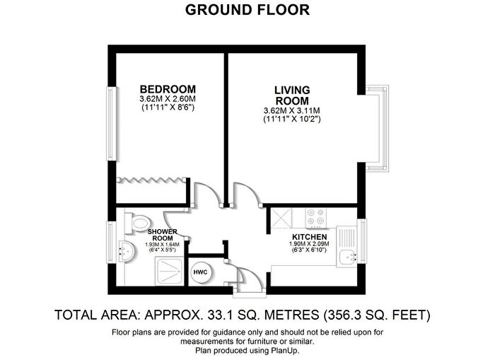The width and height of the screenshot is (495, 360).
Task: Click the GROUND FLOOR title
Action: pos(247,10)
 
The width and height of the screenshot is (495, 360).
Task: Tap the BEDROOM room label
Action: pos(167,89)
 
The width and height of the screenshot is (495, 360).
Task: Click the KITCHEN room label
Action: pos(309,237)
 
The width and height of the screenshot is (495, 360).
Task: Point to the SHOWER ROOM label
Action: pos(162,235)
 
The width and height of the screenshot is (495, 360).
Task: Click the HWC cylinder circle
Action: pos(201,272)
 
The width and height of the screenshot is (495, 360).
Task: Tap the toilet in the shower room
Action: pos(135,222)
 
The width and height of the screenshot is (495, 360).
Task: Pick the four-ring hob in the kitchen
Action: pos(314,216)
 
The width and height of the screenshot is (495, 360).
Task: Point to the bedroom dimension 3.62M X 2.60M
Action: pos(167,99)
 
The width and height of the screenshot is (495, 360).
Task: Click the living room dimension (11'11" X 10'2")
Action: pos(291,120)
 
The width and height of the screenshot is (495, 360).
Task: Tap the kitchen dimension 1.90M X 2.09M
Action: pos(309,245)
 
